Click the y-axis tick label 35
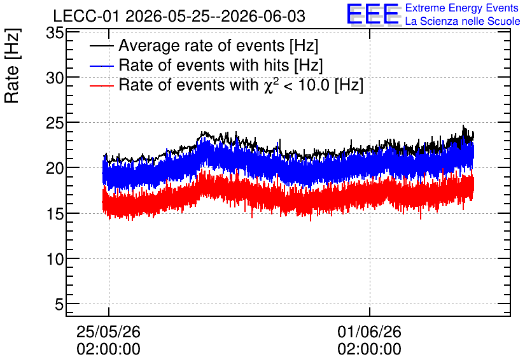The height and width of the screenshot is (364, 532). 55,33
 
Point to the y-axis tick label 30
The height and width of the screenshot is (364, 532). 55,78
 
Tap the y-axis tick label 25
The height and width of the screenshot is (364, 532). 55,123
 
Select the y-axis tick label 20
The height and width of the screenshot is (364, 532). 55,169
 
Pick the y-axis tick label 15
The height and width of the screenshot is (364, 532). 55,214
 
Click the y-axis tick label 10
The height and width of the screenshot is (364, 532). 55,260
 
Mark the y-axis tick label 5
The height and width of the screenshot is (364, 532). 59,305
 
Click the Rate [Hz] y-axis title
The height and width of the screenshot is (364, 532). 12,66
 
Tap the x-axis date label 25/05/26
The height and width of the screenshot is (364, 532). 108,332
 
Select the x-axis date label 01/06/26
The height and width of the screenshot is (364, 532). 369,332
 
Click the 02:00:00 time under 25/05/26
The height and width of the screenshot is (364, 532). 108,349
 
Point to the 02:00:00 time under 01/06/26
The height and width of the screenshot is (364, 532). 369,349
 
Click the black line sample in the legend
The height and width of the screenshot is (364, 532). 101,46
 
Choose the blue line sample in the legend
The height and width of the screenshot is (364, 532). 101,66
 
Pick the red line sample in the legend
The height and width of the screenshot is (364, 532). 101,85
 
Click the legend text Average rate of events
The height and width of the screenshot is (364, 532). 202,46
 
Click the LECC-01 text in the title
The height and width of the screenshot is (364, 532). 86,17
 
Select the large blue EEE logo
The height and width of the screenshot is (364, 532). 372,14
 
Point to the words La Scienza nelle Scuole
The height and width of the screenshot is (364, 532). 463,21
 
